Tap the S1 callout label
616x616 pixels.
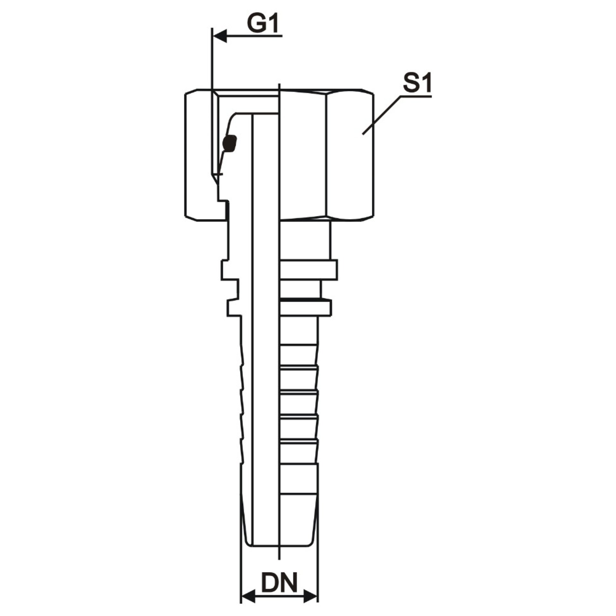(x=417, y=84)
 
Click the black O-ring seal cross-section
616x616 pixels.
(x=230, y=144)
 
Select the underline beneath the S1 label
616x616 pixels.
(x=416, y=96)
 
